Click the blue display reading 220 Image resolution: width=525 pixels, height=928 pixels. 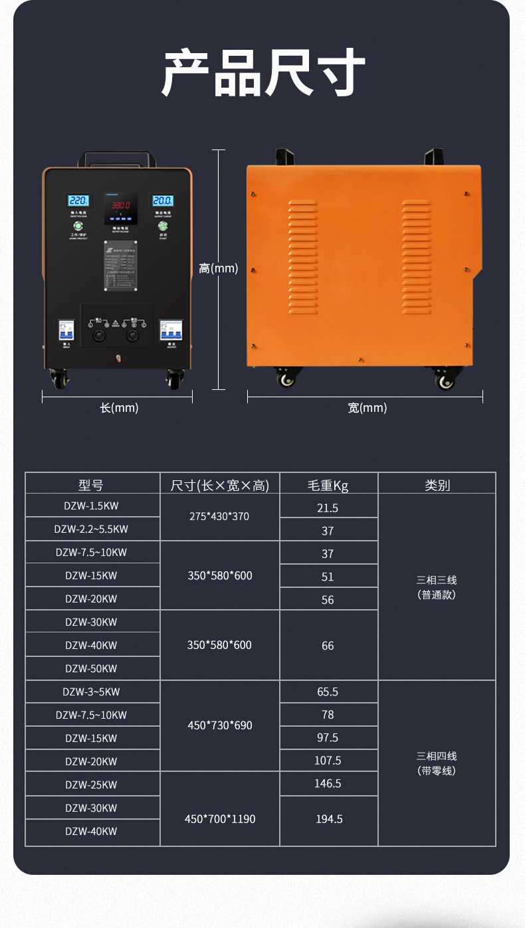(78, 200)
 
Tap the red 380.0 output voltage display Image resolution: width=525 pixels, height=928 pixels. (120, 205)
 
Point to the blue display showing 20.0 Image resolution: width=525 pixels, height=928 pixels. (162, 200)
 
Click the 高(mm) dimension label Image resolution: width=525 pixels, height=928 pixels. (218, 268)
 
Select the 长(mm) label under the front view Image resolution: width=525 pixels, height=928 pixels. (119, 408)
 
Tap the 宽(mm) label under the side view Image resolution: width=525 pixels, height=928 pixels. (367, 408)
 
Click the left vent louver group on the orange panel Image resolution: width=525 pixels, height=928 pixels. (303, 256)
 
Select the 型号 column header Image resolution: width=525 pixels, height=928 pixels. (92, 485)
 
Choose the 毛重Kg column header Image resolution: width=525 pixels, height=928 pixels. (328, 485)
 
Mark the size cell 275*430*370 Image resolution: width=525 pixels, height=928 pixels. (219, 516)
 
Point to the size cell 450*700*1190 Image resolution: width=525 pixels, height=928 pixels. (219, 819)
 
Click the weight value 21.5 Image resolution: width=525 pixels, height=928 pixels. (328, 508)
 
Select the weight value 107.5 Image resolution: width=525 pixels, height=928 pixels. (328, 761)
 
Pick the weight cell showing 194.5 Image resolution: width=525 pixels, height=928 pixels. (328, 819)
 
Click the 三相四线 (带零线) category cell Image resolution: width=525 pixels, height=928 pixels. (437, 763)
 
